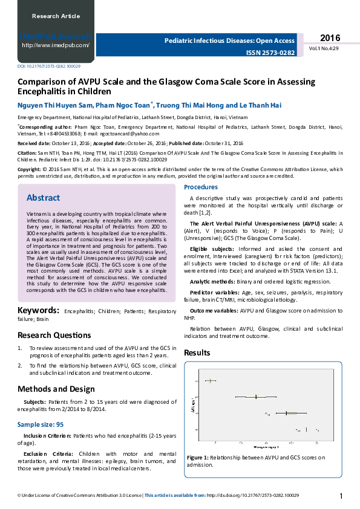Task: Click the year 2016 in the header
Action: tap(330, 37)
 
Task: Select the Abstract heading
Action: tap(43, 198)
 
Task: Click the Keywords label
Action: tap(38, 311)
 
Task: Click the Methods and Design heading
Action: tap(56, 389)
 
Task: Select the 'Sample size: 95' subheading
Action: tap(40, 425)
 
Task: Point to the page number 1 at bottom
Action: tap(342, 496)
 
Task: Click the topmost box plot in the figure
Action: tap(211, 381)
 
